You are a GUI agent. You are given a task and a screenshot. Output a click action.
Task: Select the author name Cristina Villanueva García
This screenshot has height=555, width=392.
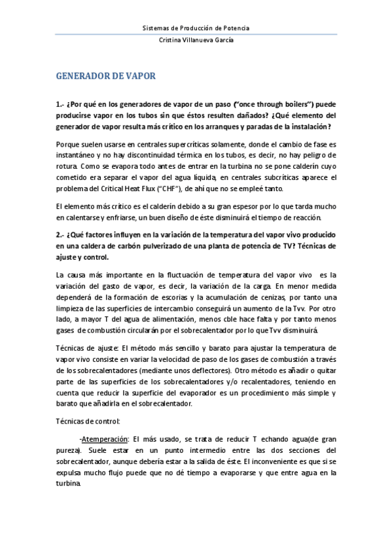pos(196,40)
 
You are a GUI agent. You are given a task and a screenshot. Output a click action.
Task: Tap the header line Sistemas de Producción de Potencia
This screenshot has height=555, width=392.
pos(196,28)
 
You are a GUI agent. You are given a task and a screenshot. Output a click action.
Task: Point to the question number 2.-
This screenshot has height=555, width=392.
pos(62,234)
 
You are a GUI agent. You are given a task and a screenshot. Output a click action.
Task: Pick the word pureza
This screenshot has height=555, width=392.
pos(67,450)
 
